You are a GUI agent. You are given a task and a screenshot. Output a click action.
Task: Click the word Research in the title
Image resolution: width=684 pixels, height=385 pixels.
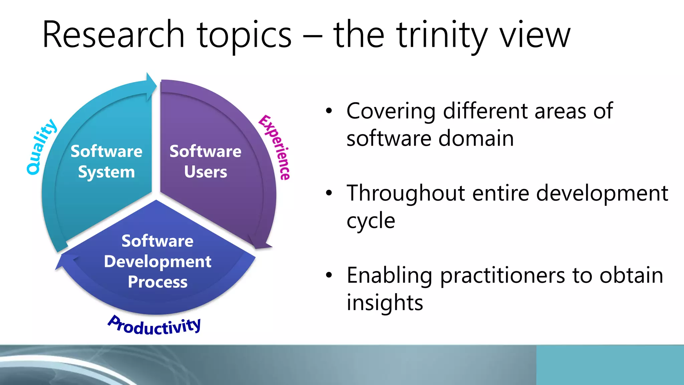pyautogui.click(x=114, y=35)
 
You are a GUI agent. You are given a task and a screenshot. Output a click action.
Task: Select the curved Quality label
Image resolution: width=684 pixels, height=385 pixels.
pyautogui.click(x=41, y=147)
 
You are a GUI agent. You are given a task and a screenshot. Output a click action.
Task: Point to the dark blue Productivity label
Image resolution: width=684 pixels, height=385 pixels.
pyautogui.click(x=155, y=326)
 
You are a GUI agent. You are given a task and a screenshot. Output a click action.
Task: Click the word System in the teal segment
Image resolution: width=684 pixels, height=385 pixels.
pyautogui.click(x=107, y=172)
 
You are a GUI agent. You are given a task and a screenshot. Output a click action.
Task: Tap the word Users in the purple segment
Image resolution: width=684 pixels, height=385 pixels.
pyautogui.click(x=205, y=172)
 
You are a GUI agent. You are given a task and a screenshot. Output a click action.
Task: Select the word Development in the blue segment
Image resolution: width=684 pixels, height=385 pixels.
pyautogui.click(x=157, y=262)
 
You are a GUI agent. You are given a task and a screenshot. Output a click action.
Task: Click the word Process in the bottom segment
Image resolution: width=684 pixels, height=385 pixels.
pyautogui.click(x=157, y=282)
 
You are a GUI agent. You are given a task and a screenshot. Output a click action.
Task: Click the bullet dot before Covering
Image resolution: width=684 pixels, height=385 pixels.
pyautogui.click(x=329, y=111)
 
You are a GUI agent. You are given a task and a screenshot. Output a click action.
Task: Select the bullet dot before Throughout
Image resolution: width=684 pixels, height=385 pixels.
pyautogui.click(x=329, y=193)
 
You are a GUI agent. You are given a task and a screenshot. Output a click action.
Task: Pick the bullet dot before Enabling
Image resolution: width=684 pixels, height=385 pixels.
pyautogui.click(x=329, y=275)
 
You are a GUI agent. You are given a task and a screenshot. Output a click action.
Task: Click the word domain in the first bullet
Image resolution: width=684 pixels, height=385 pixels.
pyautogui.click(x=476, y=138)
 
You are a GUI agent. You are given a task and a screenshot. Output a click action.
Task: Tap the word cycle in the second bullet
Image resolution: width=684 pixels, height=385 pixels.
pyautogui.click(x=371, y=221)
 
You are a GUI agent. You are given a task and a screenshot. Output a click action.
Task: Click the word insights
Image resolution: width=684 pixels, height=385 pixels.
pyautogui.click(x=385, y=303)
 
